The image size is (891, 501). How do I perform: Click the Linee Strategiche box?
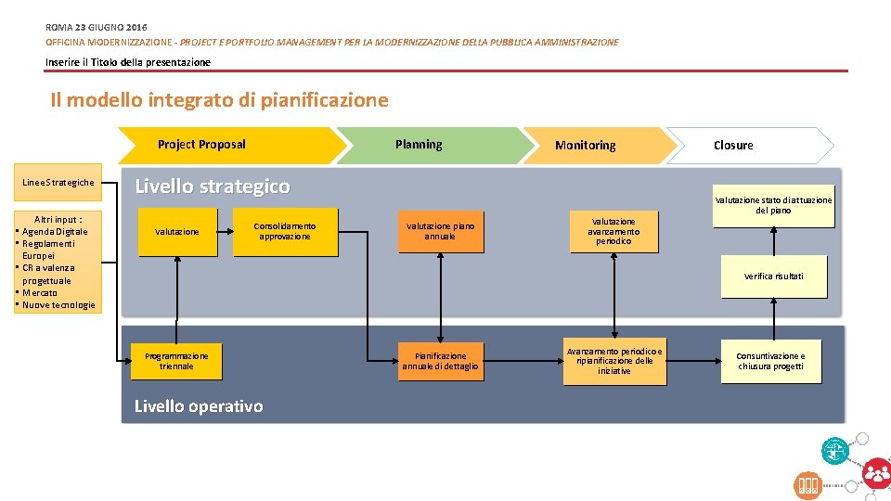58,183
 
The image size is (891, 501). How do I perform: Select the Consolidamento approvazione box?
285,231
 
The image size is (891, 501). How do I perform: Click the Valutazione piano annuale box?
441,231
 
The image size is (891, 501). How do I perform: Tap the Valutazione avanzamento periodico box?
613,231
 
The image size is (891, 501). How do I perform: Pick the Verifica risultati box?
774,276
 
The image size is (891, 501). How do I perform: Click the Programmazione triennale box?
176,361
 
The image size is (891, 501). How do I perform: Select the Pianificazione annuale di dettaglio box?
441,361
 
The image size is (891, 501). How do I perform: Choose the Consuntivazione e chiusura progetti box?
771,361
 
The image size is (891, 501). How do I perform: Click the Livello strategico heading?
213,186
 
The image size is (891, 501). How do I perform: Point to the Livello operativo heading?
199,406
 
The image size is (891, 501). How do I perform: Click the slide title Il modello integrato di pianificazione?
220,99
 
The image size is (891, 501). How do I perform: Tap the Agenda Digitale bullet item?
55,232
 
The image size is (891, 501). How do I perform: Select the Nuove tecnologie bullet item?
58,305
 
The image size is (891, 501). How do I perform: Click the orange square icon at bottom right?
807,484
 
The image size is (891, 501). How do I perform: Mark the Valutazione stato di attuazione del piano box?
773,206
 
